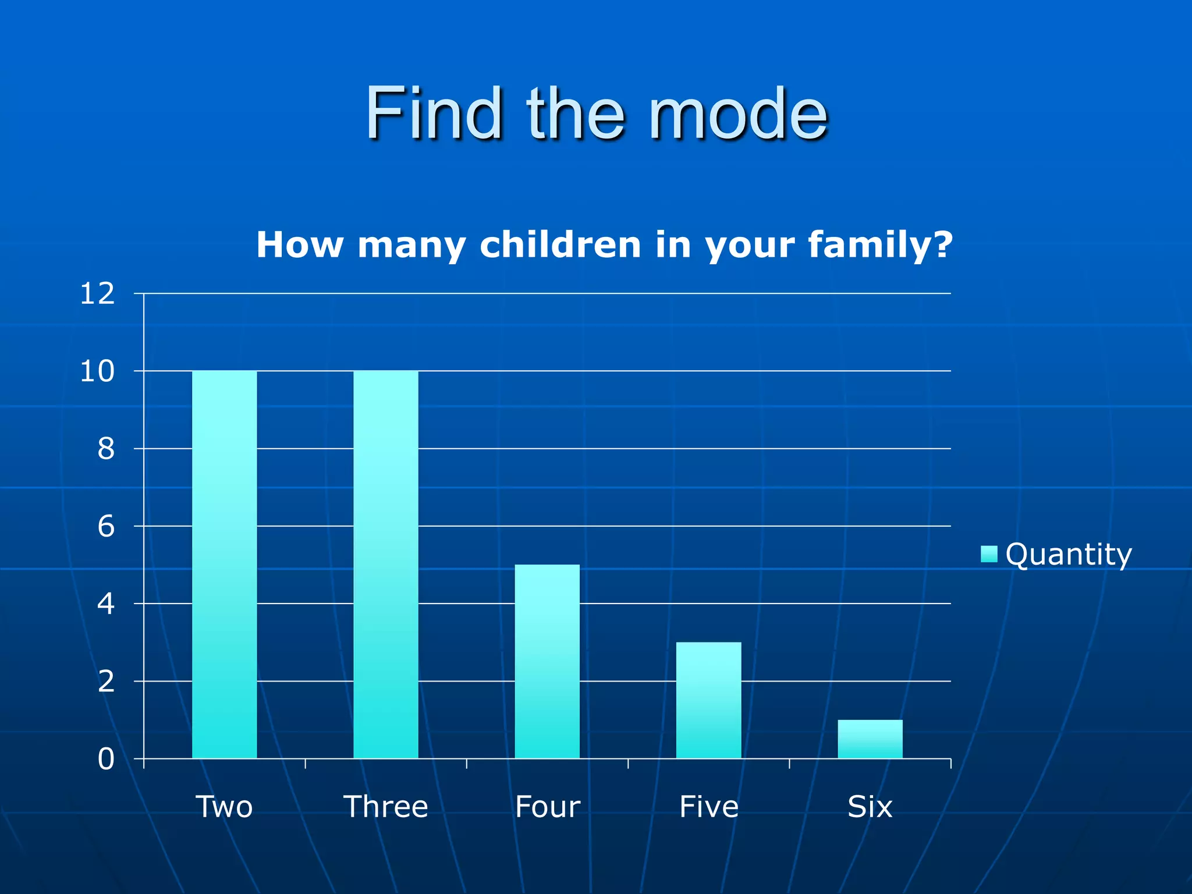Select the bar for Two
pyautogui.click(x=224, y=564)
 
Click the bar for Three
pyautogui.click(x=385, y=564)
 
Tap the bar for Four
pyautogui.click(x=547, y=661)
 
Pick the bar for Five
pyautogui.click(x=708, y=700)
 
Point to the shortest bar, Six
pyautogui.click(x=870, y=739)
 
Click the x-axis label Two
pyautogui.click(x=224, y=807)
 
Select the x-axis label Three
pyautogui.click(x=385, y=807)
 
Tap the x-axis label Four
pyautogui.click(x=547, y=807)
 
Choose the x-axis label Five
pyautogui.click(x=708, y=807)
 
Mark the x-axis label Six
pyautogui.click(x=870, y=807)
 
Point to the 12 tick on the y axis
pyautogui.click(x=97, y=294)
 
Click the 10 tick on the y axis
pyautogui.click(x=97, y=371)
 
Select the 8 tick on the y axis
pyautogui.click(x=106, y=449)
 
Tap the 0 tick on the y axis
pyautogui.click(x=106, y=759)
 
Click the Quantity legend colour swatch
pyautogui.click(x=989, y=554)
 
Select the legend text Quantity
pyautogui.click(x=1069, y=554)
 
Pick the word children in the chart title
pyautogui.click(x=560, y=244)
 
